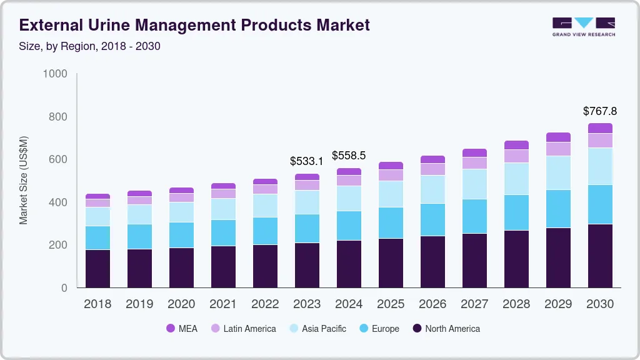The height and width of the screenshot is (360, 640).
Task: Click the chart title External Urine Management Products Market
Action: pos(194,25)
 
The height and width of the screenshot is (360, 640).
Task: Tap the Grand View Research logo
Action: pos(583,27)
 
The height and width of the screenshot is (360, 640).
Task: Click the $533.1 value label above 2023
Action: pos(307,161)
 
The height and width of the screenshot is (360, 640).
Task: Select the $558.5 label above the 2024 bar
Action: pos(349,155)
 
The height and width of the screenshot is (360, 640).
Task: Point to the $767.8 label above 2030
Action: pos(599,111)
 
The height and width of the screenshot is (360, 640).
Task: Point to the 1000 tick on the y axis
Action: pos(55,74)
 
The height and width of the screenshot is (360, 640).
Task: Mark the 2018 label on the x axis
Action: pos(97,304)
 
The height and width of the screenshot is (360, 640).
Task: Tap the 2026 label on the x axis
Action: pos(432,304)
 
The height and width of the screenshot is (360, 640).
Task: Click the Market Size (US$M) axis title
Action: pos(23,180)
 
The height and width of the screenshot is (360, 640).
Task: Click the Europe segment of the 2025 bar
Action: pos(391,222)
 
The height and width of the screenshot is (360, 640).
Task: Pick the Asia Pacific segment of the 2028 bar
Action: pos(516,179)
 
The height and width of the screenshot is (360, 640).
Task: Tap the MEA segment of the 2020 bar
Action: pos(181,190)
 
